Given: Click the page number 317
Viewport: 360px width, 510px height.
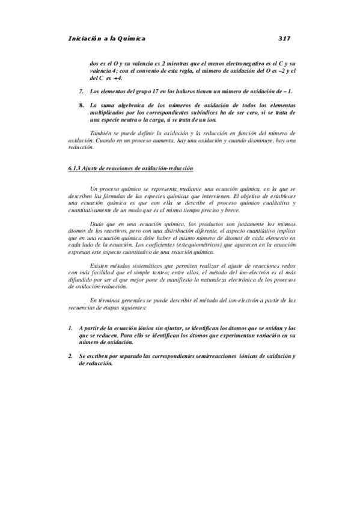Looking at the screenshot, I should pyautogui.click(x=285, y=38).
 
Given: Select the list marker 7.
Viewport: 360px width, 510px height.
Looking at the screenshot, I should pyautogui.click(x=81, y=91).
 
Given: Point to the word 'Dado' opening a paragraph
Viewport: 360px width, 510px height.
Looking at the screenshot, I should pyautogui.click(x=97, y=223).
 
